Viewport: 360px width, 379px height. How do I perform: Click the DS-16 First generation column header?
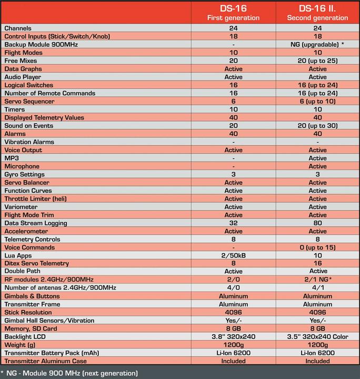[x=233, y=13]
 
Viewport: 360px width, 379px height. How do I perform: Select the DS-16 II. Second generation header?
[x=317, y=13]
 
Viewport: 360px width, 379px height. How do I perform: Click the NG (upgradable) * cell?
[x=317, y=44]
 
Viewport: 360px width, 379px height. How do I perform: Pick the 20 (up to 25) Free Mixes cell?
[x=317, y=61]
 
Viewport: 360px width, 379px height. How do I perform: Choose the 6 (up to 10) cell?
[x=317, y=101]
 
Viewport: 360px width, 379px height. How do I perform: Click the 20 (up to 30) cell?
[x=317, y=125]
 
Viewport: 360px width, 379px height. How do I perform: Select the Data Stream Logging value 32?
[x=233, y=223]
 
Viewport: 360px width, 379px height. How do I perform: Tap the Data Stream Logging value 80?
[x=317, y=223]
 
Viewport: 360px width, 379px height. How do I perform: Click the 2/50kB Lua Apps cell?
[x=233, y=255]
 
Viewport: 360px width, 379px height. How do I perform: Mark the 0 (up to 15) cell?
[x=317, y=247]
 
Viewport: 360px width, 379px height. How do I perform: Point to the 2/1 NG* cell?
[x=317, y=280]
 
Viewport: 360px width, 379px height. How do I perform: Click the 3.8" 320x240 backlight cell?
[x=233, y=336]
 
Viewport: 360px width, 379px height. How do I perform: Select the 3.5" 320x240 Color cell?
[x=317, y=336]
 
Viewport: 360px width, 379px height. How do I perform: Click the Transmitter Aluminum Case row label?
[x=45, y=361]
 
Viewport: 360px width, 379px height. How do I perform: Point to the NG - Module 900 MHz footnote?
[x=71, y=373]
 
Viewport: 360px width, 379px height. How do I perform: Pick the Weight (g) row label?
[x=21, y=344]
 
